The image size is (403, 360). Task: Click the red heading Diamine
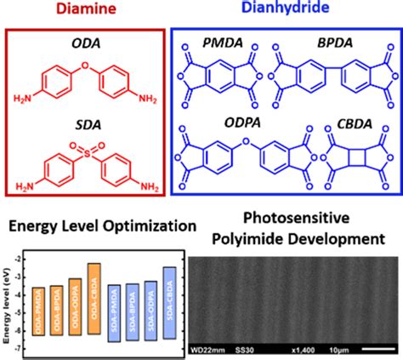[x=91, y=10]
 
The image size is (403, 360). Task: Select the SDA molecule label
[x=92, y=120]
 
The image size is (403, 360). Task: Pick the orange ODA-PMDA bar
[x=37, y=311]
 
